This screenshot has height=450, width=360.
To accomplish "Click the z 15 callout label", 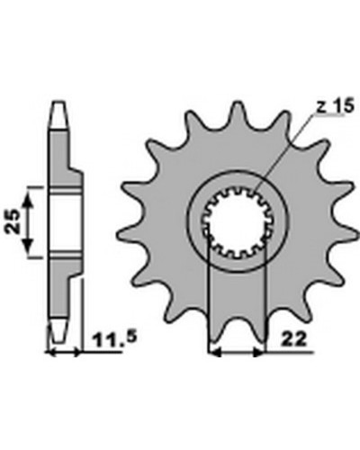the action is click(336, 106).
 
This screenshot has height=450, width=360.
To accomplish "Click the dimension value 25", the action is click(13, 221).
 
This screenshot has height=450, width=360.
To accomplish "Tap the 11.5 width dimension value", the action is click(115, 338).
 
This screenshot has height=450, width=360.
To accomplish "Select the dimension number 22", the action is click(294, 339).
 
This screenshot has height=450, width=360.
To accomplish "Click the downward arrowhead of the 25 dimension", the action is click(27, 246).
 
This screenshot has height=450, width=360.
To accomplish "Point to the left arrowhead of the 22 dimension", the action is click(215, 353).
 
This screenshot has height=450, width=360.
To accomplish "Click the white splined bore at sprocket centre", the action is click(236, 221).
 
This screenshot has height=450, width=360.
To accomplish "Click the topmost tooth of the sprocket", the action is click(238, 112).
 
